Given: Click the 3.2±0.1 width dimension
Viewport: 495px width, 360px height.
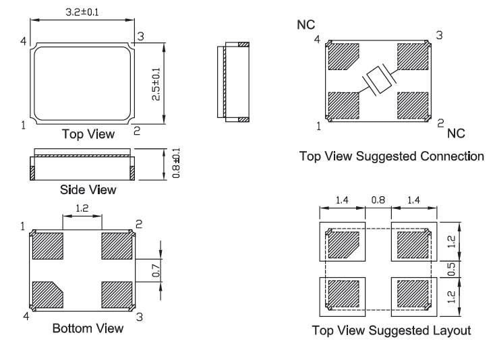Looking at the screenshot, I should [82, 11].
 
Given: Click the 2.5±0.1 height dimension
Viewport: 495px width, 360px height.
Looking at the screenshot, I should [156, 84].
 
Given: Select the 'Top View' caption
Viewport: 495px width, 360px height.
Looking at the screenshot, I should [84, 133].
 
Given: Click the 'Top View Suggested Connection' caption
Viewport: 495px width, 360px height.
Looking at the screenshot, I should [392, 157].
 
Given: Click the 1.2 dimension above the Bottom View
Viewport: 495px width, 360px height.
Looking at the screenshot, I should [82, 210].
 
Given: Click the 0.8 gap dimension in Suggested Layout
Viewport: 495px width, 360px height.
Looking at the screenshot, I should [377, 200].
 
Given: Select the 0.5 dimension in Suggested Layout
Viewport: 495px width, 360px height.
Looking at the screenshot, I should [453, 268].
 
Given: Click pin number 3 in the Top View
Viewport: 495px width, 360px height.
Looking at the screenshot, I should [140, 36].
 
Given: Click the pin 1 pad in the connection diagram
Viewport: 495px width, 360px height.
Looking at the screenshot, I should [343, 105].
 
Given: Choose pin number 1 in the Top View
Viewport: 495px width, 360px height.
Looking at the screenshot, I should [24, 125].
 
